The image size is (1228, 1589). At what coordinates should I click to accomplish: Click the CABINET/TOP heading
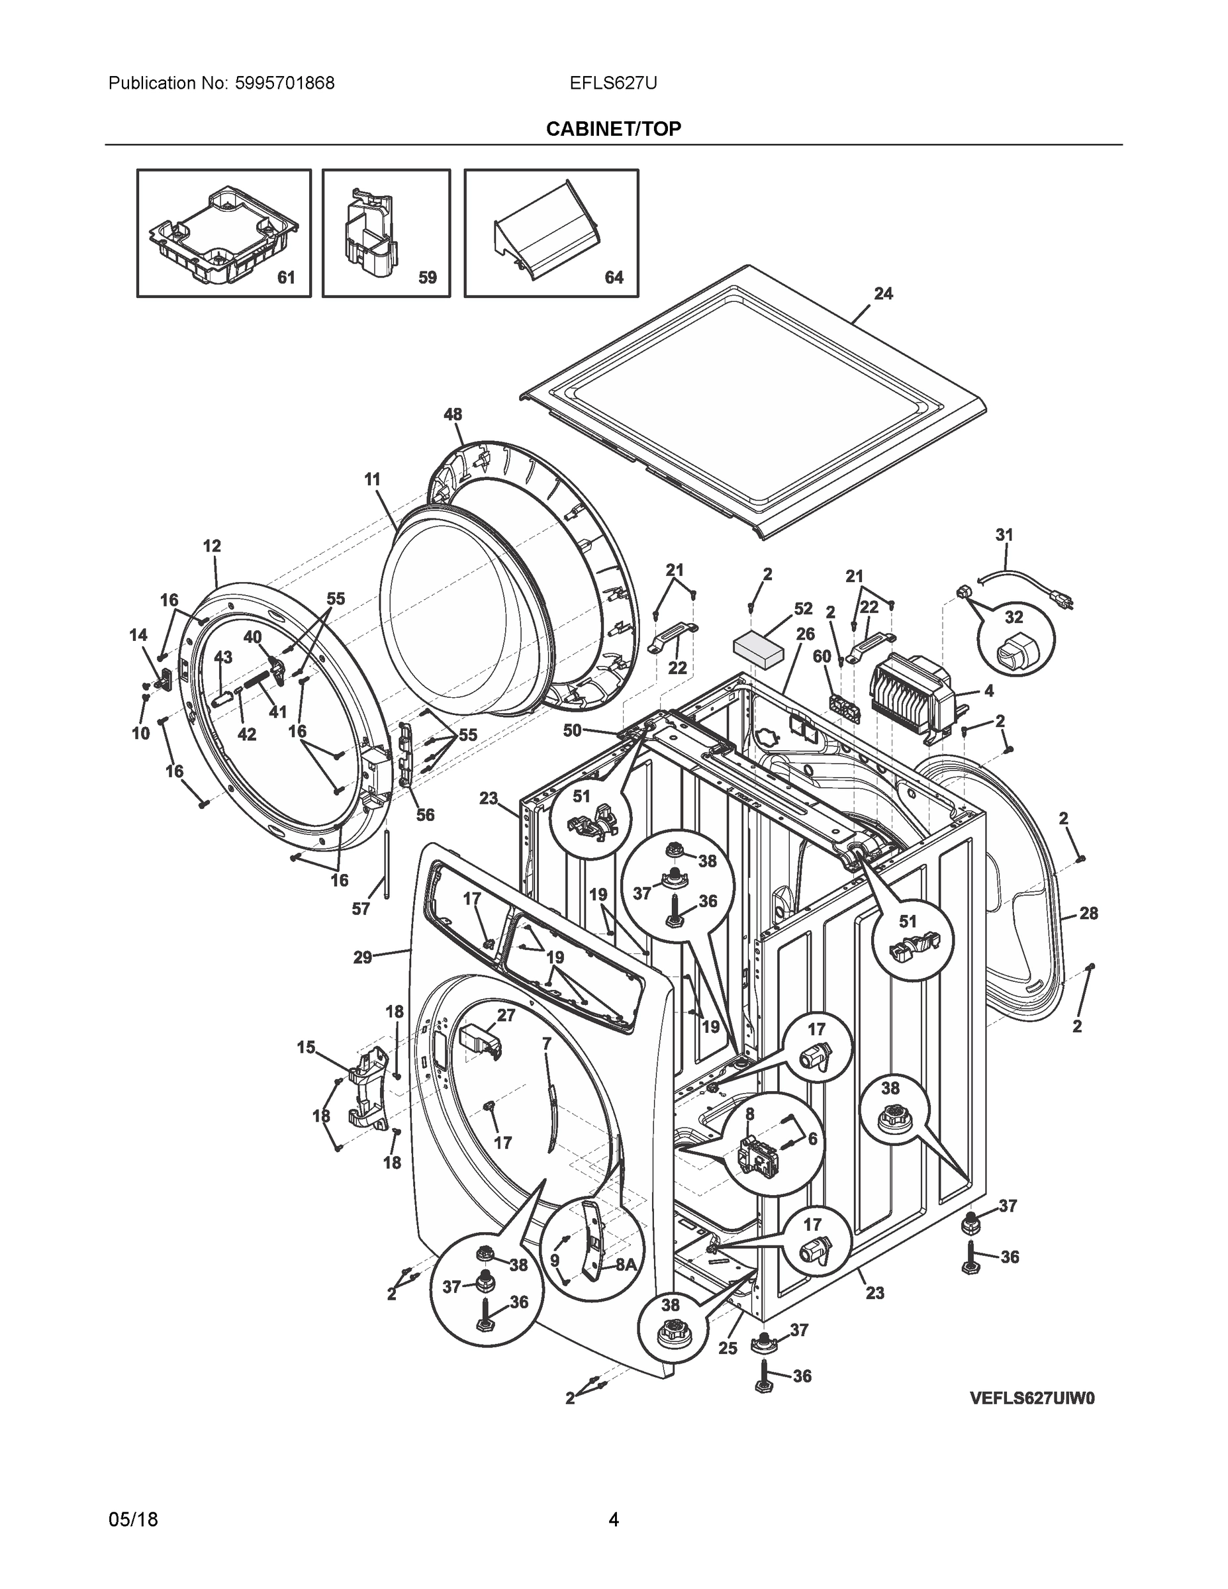613,129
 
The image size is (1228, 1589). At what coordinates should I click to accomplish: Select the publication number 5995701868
285,83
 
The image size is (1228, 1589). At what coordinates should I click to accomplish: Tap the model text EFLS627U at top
613,83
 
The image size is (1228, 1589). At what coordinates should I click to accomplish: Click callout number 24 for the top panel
883,294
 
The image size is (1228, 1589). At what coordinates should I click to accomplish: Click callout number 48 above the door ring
453,414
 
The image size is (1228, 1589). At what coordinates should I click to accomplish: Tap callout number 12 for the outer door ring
212,546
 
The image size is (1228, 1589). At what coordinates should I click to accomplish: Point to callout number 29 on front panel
362,957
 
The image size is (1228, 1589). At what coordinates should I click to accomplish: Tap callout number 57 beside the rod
361,909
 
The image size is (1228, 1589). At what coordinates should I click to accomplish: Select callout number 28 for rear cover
1088,913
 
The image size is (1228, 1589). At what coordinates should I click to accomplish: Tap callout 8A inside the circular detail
626,1265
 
